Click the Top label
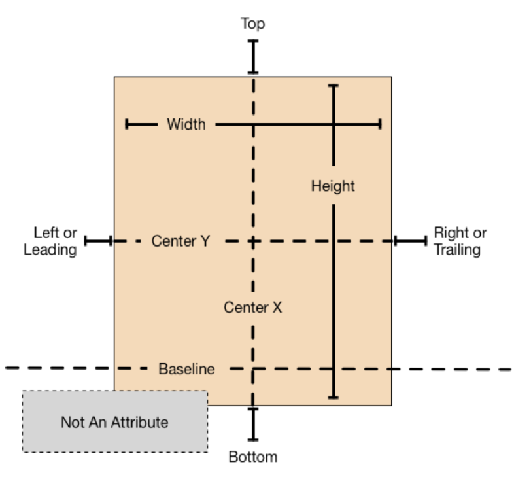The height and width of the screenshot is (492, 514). click(252, 24)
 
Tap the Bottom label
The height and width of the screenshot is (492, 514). click(252, 457)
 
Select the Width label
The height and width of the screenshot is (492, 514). click(186, 124)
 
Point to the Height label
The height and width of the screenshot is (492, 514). click(333, 186)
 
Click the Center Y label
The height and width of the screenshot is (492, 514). click(180, 241)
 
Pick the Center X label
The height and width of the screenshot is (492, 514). click(252, 307)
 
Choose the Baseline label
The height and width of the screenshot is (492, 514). click(186, 369)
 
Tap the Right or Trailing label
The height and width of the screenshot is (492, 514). click(460, 241)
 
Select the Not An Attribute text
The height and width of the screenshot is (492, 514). click(114, 422)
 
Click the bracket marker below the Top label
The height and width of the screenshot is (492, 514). click(253, 57)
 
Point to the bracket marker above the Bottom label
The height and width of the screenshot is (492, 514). click(253, 424)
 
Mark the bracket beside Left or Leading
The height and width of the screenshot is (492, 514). click(98, 241)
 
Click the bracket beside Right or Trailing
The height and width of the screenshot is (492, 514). click(411, 241)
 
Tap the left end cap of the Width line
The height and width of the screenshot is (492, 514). click(127, 124)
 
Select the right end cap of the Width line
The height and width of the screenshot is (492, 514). click(380, 124)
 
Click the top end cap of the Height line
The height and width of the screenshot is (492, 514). click(334, 86)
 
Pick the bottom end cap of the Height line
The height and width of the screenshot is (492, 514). click(334, 396)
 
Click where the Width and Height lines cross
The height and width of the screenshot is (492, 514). click(334, 124)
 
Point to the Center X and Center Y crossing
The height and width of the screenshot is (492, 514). click(253, 241)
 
